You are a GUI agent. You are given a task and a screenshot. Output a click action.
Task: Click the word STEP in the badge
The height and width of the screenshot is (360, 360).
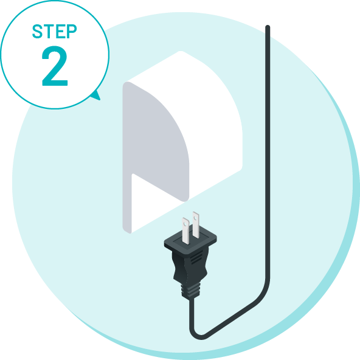coord(54,31)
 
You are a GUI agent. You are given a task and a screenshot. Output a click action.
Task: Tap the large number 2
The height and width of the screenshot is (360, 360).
coord(55,66)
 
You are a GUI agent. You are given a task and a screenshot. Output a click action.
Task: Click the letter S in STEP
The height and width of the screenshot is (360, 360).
coord(37,31)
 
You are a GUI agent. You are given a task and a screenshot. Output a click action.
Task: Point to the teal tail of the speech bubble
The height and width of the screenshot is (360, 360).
coord(97,95)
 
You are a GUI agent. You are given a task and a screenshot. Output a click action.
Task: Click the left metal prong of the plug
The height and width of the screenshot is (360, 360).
coord(185,230)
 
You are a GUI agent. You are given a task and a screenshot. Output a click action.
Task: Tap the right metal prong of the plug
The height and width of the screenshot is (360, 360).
coord(196,225)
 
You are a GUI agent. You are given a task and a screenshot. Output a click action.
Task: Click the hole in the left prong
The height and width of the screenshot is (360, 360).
coord(185,223)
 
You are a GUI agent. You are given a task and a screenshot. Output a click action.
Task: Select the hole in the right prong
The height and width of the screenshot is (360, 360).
coord(195,217)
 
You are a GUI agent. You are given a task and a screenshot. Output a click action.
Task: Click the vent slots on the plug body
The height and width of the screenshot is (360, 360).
coord(197,257)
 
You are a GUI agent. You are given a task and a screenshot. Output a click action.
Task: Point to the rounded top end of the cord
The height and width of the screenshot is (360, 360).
coord(268,27)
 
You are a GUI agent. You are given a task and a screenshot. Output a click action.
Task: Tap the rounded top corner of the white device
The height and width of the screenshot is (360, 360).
coord(181,52)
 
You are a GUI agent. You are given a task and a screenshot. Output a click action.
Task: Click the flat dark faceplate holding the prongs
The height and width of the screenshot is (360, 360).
coord(190,240)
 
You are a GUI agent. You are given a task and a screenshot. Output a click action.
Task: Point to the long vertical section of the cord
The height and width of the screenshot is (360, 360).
coord(268,151)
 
